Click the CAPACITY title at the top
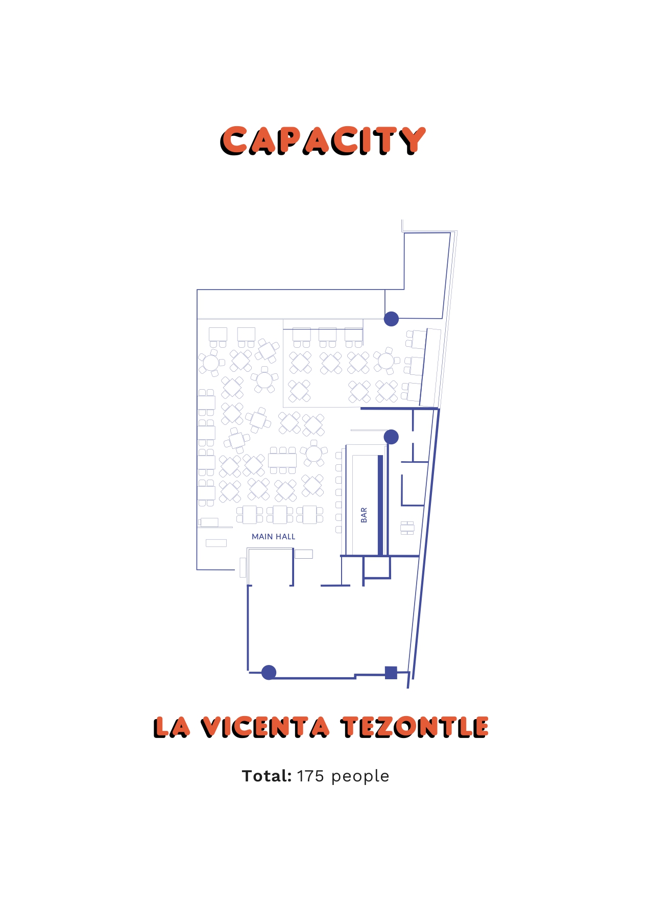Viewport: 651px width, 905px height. (x=323, y=141)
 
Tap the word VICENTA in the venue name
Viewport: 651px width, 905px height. (x=265, y=727)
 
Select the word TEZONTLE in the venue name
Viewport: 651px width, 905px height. (x=415, y=727)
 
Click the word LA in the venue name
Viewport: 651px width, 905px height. (x=172, y=727)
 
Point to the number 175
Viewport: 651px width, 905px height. (x=310, y=776)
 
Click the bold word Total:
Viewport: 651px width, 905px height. (x=267, y=776)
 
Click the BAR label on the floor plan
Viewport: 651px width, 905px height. (x=364, y=515)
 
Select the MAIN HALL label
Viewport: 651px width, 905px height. (x=273, y=537)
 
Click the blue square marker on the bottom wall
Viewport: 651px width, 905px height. (x=391, y=673)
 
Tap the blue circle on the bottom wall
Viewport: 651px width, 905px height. (x=269, y=673)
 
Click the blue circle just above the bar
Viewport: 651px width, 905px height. (x=391, y=437)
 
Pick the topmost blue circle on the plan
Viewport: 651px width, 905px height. (x=391, y=319)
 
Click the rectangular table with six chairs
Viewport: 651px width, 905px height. (x=282, y=460)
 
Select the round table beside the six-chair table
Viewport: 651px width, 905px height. (x=314, y=453)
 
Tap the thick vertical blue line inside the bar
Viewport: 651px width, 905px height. (x=380, y=505)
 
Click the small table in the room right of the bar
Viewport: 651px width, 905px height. (x=407, y=528)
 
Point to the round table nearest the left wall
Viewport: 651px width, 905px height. (x=211, y=363)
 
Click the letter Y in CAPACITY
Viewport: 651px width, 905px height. (x=412, y=141)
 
